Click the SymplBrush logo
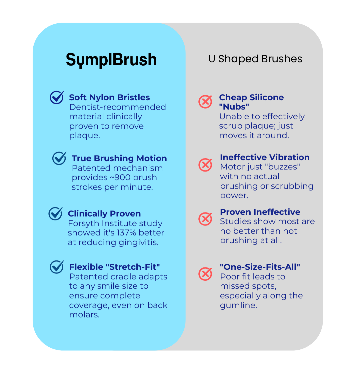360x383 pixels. (111, 60)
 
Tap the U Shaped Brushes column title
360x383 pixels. (255, 59)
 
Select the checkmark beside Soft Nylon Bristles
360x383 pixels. (57, 98)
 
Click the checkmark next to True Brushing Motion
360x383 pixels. (59, 159)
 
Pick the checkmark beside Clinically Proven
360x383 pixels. (55, 214)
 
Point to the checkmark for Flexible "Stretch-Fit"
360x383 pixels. (57, 267)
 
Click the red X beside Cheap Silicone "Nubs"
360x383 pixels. (205, 102)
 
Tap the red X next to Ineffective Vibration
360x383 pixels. (205, 165)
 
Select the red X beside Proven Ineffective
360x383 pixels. (205, 219)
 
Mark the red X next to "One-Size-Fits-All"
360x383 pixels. (205, 274)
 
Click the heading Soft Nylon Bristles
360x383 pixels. (109, 98)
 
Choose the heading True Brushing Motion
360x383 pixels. (119, 159)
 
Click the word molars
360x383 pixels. (84, 315)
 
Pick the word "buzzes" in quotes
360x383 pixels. (283, 167)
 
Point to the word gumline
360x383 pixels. (238, 305)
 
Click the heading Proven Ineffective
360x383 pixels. (260, 212)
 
